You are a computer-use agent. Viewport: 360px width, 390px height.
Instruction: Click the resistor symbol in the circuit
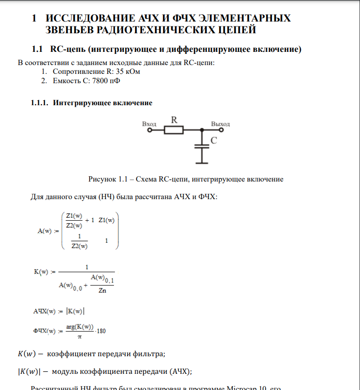[173, 130]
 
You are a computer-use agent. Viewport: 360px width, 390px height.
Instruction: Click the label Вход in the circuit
[149, 124]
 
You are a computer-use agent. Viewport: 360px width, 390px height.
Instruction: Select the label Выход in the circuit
[220, 124]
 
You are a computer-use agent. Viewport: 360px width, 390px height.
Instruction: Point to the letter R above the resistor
[173, 119]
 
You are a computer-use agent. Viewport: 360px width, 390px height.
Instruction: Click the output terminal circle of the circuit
[221, 130]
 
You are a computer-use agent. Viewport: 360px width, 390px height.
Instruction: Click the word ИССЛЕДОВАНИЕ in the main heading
[85, 19]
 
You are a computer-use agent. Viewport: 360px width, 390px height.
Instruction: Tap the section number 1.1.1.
[40, 103]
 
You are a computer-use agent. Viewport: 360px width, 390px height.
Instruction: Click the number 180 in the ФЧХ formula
[102, 331]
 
